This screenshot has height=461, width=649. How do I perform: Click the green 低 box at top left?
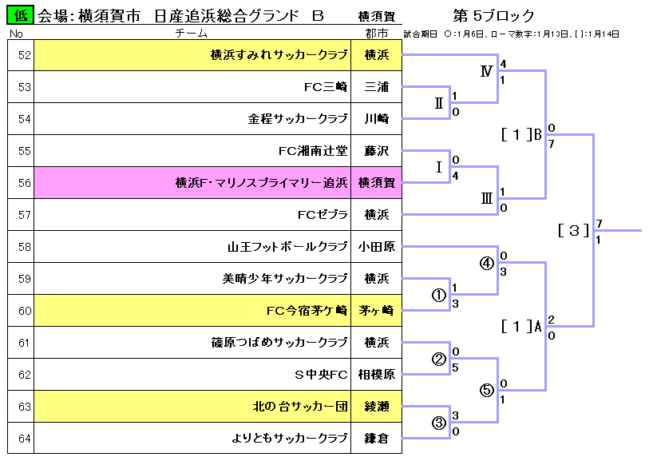click(21, 16)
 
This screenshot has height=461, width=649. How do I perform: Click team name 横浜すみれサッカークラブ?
click(279, 55)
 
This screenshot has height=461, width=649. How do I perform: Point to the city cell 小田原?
click(376, 247)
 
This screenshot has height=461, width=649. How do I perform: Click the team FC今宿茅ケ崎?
click(307, 311)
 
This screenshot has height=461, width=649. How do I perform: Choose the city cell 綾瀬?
click(376, 407)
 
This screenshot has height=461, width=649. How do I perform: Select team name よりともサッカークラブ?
click(290, 439)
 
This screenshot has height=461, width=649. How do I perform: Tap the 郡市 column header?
click(376, 34)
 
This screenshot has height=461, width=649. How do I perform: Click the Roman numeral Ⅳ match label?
click(486, 71)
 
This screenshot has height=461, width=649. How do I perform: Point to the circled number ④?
click(486, 264)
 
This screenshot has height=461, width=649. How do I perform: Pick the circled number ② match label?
click(438, 359)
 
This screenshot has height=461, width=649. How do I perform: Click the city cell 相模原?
click(376, 375)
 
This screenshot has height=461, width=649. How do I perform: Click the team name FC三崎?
click(326, 87)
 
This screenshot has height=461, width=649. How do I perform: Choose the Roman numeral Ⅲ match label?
click(486, 199)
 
